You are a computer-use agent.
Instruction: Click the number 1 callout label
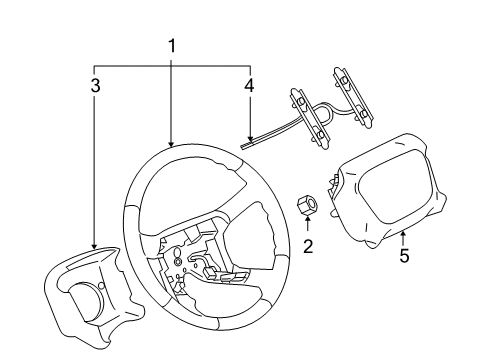tap(171, 45)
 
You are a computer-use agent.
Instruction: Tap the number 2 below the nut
tap(308, 246)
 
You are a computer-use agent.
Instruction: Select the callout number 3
tap(95, 86)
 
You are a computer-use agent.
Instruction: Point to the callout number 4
tap(249, 86)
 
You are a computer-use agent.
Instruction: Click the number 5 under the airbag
tap(404, 255)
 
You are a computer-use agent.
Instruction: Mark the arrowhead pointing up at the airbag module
tap(403, 233)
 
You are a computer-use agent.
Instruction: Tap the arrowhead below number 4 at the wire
tap(249, 137)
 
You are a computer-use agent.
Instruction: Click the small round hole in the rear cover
tap(101, 289)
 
